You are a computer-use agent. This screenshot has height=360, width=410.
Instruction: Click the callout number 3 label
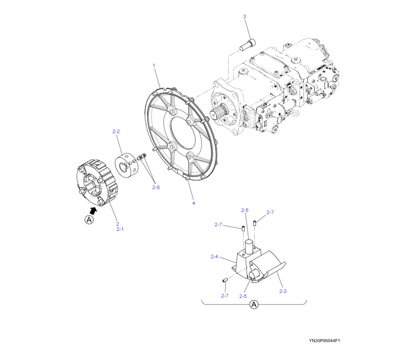[244, 17]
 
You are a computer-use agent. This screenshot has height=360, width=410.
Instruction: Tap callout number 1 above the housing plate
[154, 66]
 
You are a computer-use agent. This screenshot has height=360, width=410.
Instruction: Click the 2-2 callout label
[115, 132]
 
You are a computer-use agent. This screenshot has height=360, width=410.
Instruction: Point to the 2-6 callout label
[156, 188]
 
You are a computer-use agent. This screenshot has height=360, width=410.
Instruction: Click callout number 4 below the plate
[193, 203]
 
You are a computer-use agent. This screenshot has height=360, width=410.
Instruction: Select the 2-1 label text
[120, 229]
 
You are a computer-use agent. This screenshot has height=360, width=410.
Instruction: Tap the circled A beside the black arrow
[89, 220]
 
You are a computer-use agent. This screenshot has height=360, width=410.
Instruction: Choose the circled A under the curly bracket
[254, 305]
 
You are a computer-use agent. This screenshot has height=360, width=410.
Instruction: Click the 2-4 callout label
[214, 257]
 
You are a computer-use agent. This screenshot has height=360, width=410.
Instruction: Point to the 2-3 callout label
[283, 291]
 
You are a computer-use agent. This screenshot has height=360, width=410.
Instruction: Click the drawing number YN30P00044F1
[324, 341]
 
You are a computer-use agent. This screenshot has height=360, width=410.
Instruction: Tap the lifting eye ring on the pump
[293, 114]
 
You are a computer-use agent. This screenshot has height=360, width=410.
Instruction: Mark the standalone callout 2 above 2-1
[117, 224]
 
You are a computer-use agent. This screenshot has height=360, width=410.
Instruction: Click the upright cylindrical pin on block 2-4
[249, 249]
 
